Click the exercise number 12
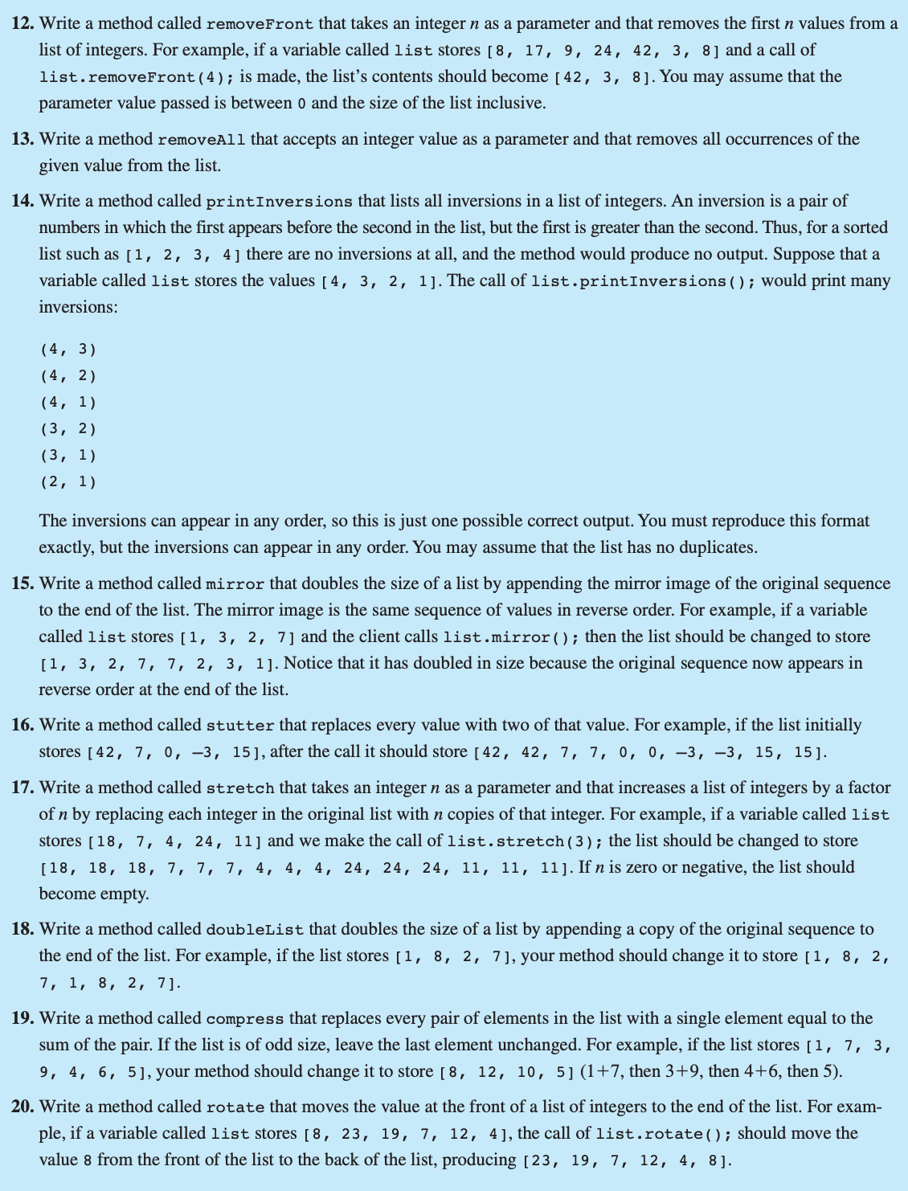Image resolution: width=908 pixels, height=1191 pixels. click(22, 23)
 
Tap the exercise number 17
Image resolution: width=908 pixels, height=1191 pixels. click(22, 788)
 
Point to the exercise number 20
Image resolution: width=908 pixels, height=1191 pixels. click(22, 1107)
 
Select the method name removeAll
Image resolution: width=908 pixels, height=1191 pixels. click(203, 140)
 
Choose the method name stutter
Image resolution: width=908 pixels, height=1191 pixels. click(240, 726)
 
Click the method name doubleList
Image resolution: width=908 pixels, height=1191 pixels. click(255, 930)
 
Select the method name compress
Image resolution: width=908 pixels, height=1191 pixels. click(244, 1019)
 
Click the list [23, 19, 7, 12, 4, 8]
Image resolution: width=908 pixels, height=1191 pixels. click(626, 1160)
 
